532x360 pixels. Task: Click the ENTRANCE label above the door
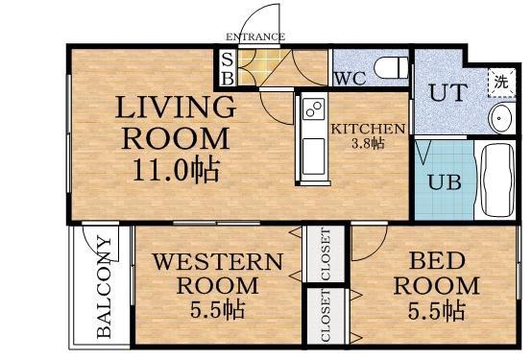255,36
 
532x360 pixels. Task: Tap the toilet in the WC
391,67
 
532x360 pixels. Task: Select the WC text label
351,79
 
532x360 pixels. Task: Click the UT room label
448,92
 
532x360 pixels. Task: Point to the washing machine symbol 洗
501,83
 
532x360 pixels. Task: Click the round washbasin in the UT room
500,118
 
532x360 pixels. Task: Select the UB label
444,182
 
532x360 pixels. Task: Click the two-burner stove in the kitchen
313,108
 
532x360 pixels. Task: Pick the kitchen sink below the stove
313,156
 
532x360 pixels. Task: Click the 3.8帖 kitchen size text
368,144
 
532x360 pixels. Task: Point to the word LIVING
175,107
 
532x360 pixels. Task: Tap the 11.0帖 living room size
176,170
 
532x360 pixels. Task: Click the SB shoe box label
228,69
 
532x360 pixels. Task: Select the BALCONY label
104,286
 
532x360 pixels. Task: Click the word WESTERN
217,262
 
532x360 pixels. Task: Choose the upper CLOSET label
325,254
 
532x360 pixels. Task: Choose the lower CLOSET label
325,316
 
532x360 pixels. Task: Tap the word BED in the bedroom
437,260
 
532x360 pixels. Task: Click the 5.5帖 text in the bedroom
437,311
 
